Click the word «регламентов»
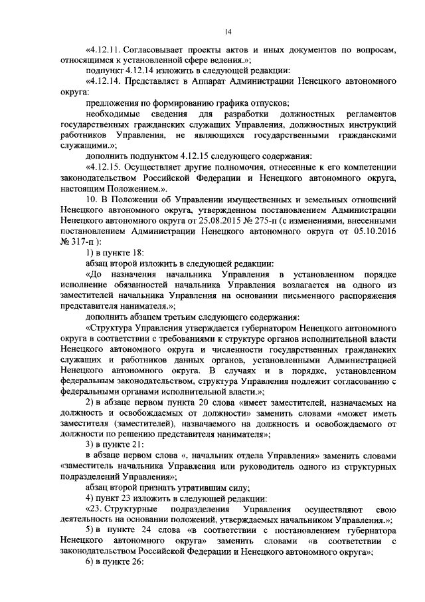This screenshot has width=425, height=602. point(369,116)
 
